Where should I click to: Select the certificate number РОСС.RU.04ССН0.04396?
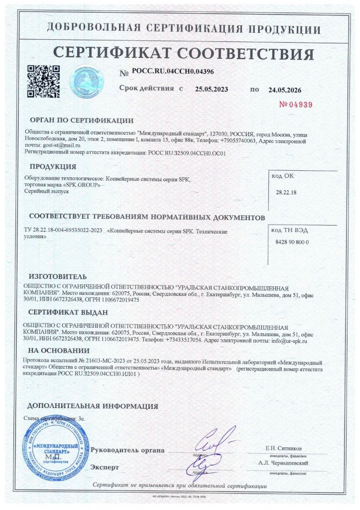pyautogui.click(x=173, y=72)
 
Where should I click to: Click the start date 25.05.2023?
pyautogui.click(x=211, y=90)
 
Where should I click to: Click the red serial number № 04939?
pyautogui.click(x=295, y=105)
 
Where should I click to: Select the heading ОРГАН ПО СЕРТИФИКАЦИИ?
pyautogui.click(x=81, y=120)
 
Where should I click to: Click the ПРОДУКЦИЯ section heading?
pyautogui.click(x=53, y=166)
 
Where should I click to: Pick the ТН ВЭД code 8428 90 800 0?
pyautogui.click(x=292, y=242)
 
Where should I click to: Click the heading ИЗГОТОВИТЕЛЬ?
pyautogui.click(x=58, y=276)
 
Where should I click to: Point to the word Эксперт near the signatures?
pyautogui.click(x=105, y=468)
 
